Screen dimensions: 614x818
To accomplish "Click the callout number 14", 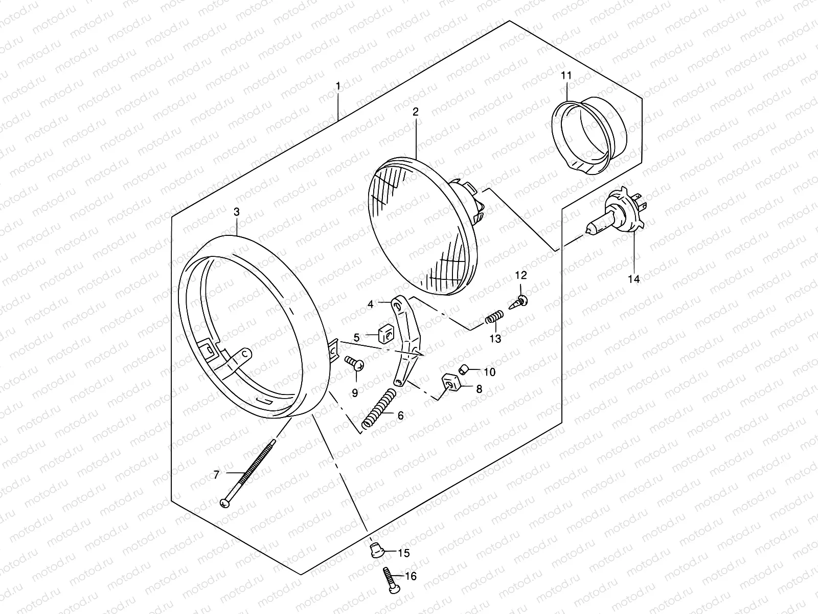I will coord(634,279).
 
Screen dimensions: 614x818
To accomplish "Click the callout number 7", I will coord(216,475).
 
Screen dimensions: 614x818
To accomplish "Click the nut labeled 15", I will coord(376,551).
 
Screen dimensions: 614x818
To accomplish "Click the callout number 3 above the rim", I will coord(236,212).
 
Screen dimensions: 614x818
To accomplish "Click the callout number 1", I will coord(337,85).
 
